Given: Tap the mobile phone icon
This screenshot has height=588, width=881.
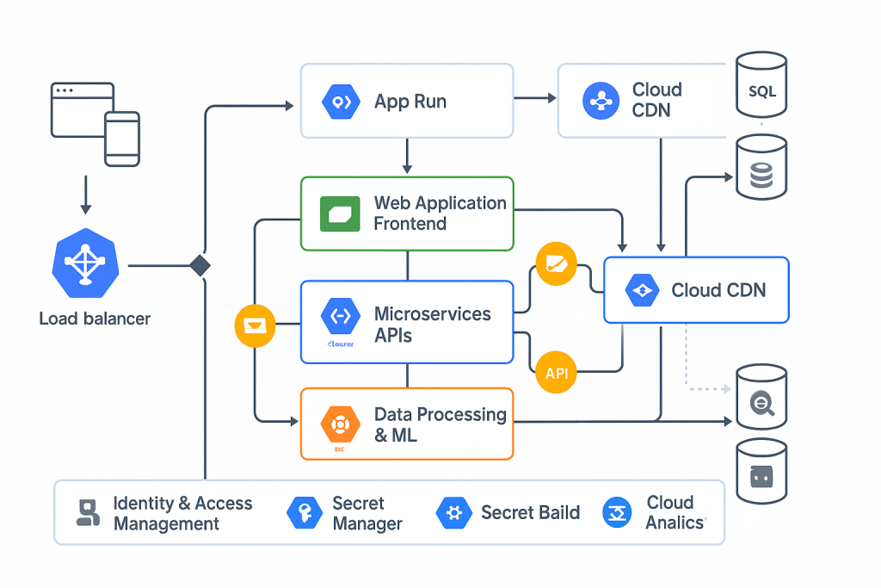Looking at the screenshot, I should tap(122, 138).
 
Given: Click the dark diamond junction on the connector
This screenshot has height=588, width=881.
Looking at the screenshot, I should tap(200, 265).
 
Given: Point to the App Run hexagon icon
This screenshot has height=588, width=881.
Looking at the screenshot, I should tap(339, 102).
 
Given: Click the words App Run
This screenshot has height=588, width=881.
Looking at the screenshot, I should tap(410, 102).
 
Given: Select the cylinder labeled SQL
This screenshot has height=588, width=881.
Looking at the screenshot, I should tap(761, 86).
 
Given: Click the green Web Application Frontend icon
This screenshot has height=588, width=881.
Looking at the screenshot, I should tap(340, 214).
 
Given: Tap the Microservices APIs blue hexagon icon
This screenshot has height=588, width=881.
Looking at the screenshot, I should tap(339, 316).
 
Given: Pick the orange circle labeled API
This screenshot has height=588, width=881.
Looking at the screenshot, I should tap(556, 373).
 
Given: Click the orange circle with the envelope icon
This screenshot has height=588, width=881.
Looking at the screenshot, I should tap(256, 325).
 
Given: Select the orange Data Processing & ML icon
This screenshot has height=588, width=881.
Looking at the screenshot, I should tap(339, 424).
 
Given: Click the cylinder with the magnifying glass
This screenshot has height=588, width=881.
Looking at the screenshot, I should tap(761, 398).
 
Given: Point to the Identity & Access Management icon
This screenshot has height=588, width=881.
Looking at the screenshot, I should tap(87, 513).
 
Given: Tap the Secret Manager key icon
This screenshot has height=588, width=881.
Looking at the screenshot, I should tap(305, 513).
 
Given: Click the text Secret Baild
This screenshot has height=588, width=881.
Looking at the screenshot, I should tap(530, 513).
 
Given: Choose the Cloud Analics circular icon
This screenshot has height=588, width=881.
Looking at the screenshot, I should tap(618, 513).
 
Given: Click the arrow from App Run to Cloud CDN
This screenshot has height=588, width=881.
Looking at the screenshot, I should tap(535, 99).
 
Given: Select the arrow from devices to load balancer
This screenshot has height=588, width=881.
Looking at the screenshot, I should tap(84, 195).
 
